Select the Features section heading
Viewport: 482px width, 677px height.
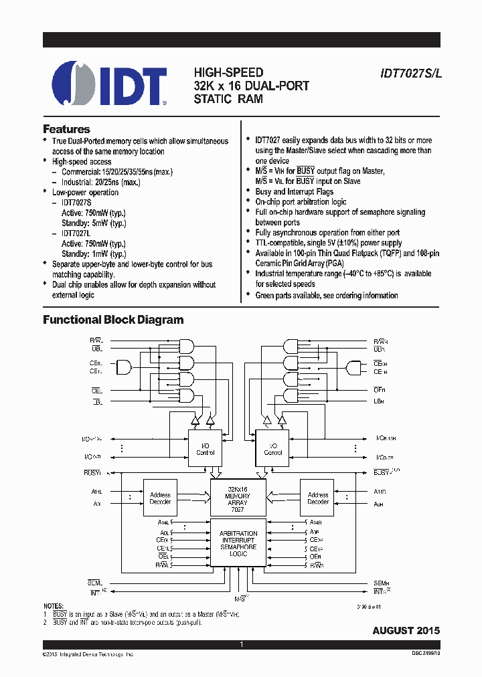(66, 129)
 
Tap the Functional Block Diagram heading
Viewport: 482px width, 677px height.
(113, 320)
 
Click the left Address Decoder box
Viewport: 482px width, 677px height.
(160, 498)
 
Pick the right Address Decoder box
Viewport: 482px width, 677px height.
(317, 498)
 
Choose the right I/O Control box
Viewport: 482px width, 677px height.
(272, 449)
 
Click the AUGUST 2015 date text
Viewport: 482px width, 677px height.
(406, 630)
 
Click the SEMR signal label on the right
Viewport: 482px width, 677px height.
(380, 583)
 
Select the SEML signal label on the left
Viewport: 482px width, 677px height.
(95, 583)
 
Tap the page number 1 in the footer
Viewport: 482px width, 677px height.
(241, 644)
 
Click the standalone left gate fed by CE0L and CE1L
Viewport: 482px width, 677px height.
(125, 367)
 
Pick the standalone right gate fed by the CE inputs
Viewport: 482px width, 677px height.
(353, 367)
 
